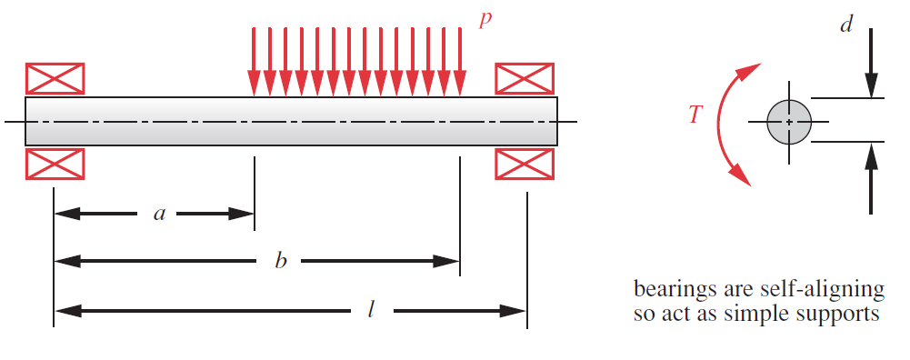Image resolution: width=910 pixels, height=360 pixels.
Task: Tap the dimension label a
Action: tap(160, 215)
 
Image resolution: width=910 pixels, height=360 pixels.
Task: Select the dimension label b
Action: tap(281, 262)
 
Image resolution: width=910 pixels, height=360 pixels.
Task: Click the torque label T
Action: tap(695, 115)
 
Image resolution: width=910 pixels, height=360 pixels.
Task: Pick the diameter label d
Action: tap(845, 25)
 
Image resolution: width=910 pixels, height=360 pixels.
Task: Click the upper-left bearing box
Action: tap(55, 78)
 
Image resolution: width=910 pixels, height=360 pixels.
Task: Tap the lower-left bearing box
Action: tap(55, 164)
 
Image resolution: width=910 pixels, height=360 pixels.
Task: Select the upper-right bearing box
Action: tap(524, 78)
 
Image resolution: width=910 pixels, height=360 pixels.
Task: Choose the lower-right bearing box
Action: tap(524, 164)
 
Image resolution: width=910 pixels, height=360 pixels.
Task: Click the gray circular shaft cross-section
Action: tap(788, 121)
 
